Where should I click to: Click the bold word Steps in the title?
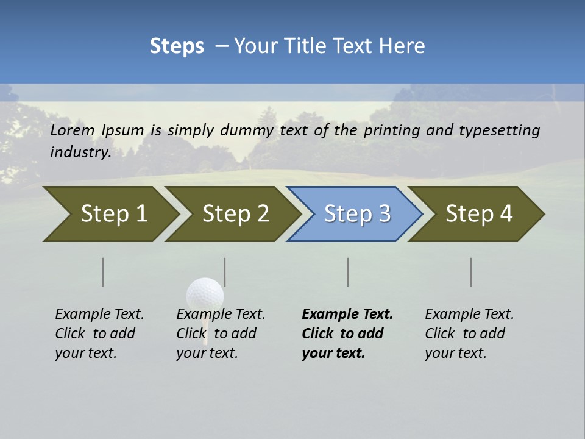point(177,46)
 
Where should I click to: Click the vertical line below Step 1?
point(103,272)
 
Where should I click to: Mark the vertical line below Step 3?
point(348,272)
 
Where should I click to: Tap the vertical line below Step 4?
point(471,272)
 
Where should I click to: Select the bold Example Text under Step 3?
point(347,315)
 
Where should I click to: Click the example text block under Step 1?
point(99,334)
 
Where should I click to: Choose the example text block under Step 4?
point(469,334)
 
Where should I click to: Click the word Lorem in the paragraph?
point(73,130)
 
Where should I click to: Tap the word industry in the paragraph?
point(80,152)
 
